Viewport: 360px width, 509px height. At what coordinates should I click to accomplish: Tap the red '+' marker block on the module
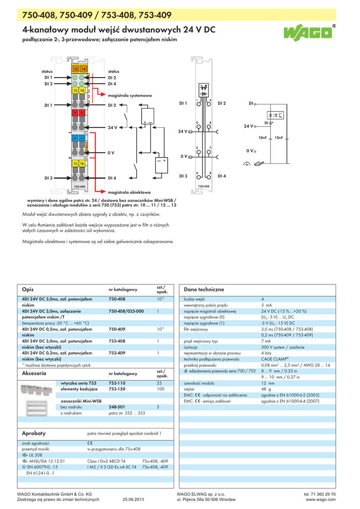[79, 113]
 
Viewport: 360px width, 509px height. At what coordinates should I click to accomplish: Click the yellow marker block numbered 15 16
[79, 163]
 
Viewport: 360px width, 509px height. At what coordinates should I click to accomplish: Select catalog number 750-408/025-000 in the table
[126, 311]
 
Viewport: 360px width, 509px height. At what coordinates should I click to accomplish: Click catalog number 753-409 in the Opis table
[117, 352]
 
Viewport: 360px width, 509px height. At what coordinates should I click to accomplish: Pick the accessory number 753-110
[117, 383]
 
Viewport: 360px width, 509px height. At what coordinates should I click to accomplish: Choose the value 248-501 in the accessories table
[117, 407]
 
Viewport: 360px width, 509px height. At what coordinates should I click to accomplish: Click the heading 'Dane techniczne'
[204, 289]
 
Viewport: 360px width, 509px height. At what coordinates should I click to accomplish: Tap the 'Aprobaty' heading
[34, 433]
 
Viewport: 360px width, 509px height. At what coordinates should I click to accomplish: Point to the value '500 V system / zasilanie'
[284, 347]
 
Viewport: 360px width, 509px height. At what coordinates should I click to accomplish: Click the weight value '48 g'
[267, 389]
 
